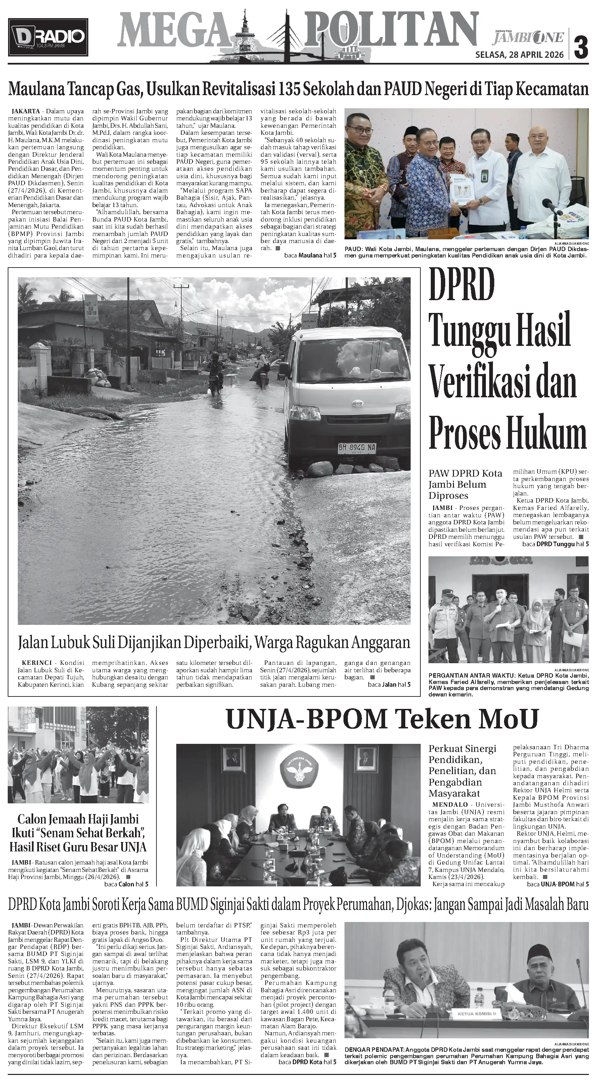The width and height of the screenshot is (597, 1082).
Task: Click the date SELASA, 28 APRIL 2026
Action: [519, 55]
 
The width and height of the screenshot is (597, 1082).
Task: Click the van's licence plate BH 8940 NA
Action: [357, 447]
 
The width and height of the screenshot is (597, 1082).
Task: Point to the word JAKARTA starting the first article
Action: [26, 111]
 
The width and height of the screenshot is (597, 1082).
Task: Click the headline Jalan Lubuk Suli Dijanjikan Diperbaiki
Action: [214, 642]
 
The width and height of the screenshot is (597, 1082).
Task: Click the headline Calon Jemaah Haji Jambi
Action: [78, 819]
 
